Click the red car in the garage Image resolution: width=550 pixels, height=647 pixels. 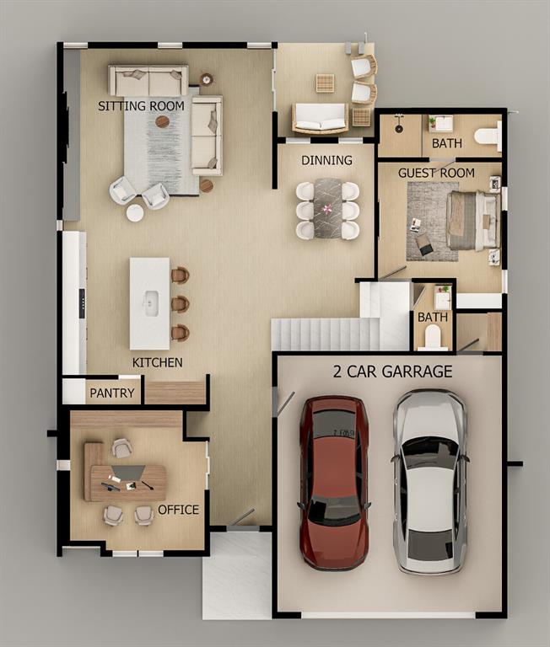pyautogui.click(x=334, y=483)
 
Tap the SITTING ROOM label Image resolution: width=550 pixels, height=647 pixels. pyautogui.click(x=142, y=106)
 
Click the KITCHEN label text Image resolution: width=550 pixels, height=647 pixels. pyautogui.click(x=158, y=362)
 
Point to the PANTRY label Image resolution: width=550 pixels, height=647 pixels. pyautogui.click(x=112, y=393)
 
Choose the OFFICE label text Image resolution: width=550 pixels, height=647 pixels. pyautogui.click(x=179, y=510)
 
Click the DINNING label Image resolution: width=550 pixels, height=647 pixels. pyautogui.click(x=326, y=160)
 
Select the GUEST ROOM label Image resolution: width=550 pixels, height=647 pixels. pyautogui.click(x=436, y=173)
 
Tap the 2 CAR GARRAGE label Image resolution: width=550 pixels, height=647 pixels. pyautogui.click(x=392, y=372)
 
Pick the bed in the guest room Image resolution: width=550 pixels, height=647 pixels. pyautogui.click(x=473, y=221)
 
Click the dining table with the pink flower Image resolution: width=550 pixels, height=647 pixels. pyautogui.click(x=327, y=208)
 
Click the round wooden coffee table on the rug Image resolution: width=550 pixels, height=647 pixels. pyautogui.click(x=163, y=121)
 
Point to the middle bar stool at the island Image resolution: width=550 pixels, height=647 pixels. pyautogui.click(x=180, y=304)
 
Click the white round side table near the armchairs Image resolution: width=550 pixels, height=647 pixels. pyautogui.click(x=135, y=213)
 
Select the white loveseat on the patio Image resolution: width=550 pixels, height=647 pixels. pyautogui.click(x=321, y=119)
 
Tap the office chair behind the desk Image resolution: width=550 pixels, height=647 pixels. pyautogui.click(x=122, y=448)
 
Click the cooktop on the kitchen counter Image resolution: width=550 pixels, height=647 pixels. pyautogui.click(x=82, y=303)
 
